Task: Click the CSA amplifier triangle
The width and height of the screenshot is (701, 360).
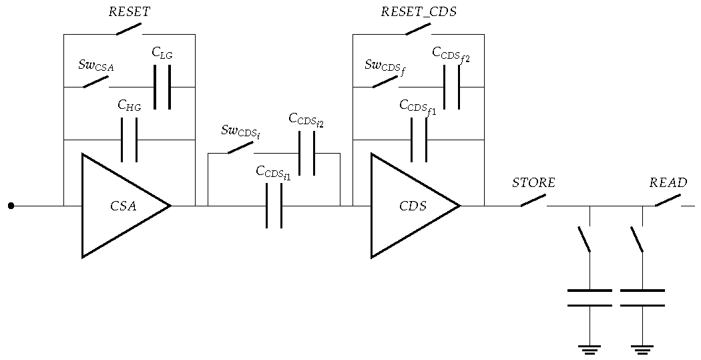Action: pyautogui.click(x=120, y=206)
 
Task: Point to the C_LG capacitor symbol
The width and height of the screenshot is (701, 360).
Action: pyautogui.click(x=162, y=87)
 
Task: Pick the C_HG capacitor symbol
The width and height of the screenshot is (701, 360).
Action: pyautogui.click(x=129, y=140)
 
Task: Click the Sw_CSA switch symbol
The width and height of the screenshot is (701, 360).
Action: pyautogui.click(x=95, y=82)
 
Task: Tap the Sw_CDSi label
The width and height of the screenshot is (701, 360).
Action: pyautogui.click(x=240, y=131)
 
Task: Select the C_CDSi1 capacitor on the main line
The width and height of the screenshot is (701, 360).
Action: pyautogui.click(x=274, y=206)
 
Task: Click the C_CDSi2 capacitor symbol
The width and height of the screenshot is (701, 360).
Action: pyautogui.click(x=306, y=153)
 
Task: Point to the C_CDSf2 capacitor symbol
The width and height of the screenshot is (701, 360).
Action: pyautogui.click(x=451, y=87)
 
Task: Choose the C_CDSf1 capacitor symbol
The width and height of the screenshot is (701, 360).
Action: pyautogui.click(x=419, y=140)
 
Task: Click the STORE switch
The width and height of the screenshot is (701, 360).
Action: pyautogui.click(x=533, y=200)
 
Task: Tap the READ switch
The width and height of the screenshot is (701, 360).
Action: pyautogui.click(x=668, y=200)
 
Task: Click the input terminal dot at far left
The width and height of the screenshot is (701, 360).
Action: pyautogui.click(x=11, y=206)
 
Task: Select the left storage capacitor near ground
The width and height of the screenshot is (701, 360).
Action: pyautogui.click(x=590, y=298)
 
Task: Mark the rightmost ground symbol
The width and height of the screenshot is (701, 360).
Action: pyautogui.click(x=642, y=349)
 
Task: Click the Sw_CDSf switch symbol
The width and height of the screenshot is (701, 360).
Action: pyautogui.click(x=385, y=82)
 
